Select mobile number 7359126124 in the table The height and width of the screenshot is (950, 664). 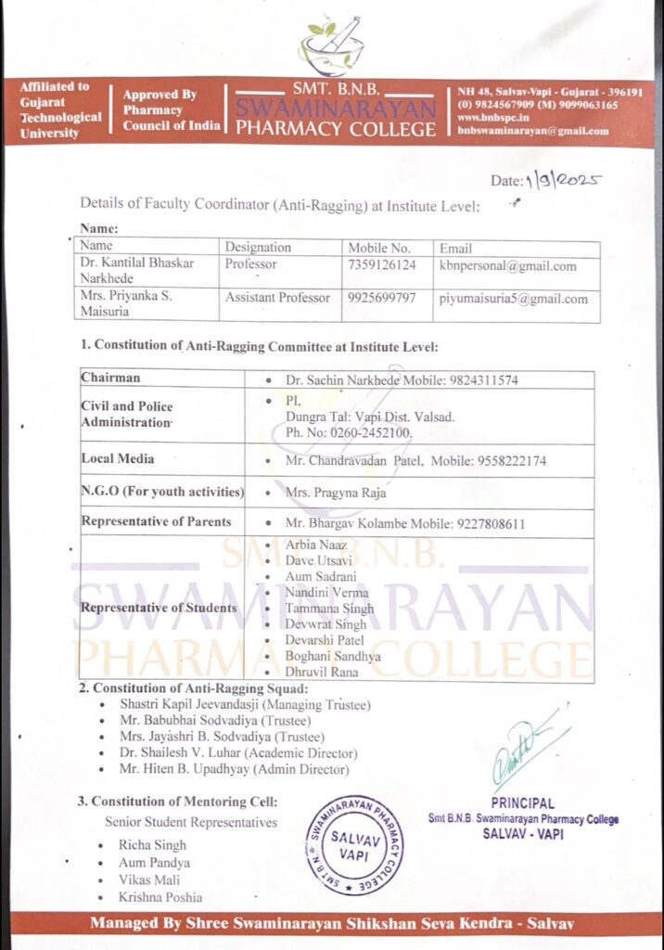382,265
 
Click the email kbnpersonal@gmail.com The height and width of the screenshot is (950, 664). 507,265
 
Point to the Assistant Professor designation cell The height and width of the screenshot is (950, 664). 277,298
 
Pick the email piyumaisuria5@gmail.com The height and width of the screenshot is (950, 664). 513,299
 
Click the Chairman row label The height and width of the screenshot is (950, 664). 110,378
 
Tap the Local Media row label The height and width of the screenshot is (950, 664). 118,458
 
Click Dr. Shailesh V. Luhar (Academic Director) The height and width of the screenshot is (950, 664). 238,753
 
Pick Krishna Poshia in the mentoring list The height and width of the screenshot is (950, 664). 160,897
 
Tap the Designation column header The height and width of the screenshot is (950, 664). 258,248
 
